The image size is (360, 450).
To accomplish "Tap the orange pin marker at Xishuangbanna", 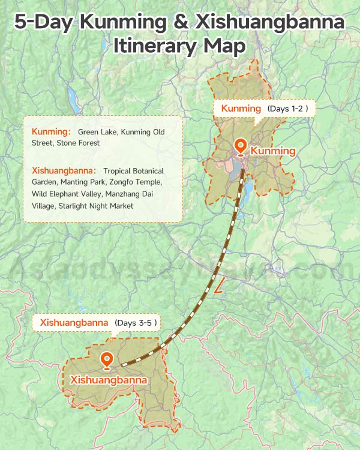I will coord(107,360).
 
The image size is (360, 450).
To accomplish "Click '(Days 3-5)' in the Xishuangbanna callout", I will coord(136,323).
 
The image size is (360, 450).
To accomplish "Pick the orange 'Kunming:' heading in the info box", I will coord(52,131).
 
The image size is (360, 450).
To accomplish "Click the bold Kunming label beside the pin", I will coord(273,151).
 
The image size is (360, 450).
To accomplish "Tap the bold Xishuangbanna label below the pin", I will coord(109,380).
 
